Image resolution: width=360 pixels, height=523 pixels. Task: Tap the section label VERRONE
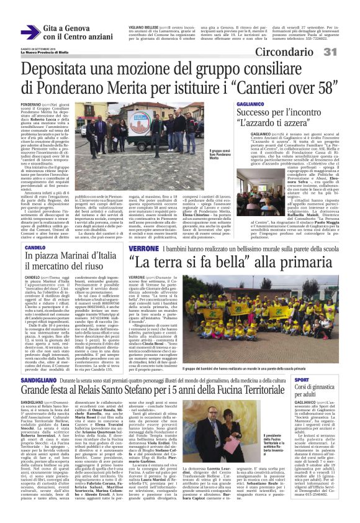[145, 247]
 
